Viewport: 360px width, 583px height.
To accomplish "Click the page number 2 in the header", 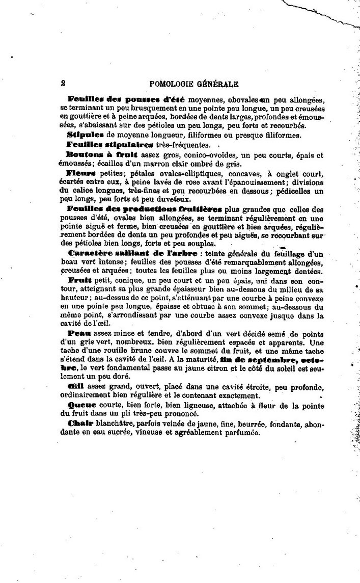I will pos(62,83).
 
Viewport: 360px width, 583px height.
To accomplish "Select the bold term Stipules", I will pos(84,135).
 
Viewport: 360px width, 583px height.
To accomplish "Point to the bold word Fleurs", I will pos(78,173).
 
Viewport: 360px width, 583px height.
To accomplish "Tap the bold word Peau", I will pos(76,333).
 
